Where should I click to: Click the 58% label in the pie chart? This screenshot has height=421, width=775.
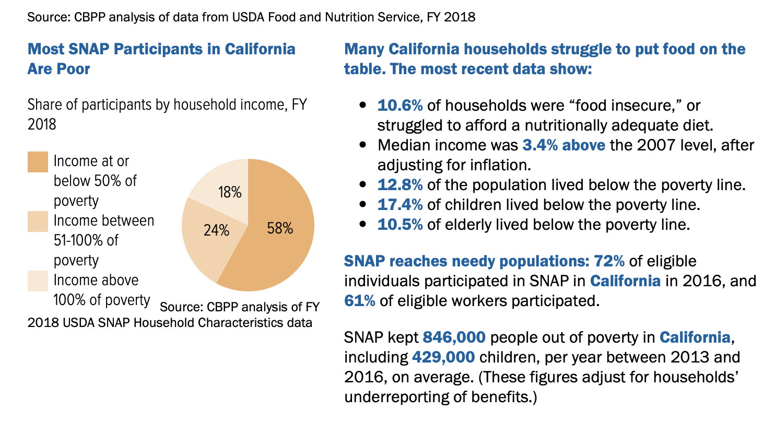click(279, 229)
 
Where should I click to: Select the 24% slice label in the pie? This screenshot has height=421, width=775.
click(216, 230)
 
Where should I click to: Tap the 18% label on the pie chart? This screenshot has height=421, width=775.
click(230, 192)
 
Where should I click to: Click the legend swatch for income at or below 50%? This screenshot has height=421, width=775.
click(38, 162)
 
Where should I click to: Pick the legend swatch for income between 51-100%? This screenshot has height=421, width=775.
click(38, 221)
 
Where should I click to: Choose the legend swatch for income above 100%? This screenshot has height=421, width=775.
click(38, 281)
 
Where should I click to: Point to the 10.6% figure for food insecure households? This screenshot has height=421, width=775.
click(400, 106)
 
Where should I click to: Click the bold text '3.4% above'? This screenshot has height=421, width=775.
click(564, 145)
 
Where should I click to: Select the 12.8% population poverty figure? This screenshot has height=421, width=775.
click(400, 184)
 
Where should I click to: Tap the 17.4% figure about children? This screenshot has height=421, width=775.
click(400, 204)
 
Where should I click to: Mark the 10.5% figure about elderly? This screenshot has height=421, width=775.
click(400, 224)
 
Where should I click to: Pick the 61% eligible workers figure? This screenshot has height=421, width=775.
click(359, 300)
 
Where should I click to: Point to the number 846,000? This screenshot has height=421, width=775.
click(454, 337)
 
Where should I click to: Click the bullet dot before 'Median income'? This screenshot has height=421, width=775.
click(363, 145)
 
